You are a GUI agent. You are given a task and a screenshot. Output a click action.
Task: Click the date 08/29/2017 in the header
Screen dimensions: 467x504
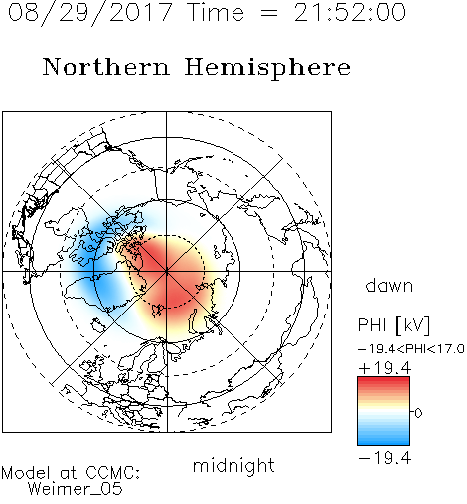tap(90, 13)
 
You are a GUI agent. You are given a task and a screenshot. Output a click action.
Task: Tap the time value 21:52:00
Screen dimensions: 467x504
tap(350, 12)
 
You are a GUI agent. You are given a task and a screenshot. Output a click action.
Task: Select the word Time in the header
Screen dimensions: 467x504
tap(216, 12)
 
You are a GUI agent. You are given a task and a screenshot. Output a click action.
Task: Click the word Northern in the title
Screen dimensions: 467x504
tap(106, 67)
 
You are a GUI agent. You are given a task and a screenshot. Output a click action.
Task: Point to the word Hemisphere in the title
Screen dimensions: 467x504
tap(267, 68)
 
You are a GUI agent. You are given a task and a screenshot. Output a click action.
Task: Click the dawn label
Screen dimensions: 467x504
tap(389, 285)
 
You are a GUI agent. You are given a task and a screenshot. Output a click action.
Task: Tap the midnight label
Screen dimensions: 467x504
tap(233, 465)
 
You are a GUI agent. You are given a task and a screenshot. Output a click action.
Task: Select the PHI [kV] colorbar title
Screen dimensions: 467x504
tap(394, 325)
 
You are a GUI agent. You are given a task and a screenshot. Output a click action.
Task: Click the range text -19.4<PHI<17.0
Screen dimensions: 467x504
tap(411, 349)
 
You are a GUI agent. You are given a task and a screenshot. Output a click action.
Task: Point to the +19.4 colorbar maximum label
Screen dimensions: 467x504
tap(385, 368)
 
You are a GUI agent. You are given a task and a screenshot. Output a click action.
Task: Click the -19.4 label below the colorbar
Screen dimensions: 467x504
tap(385, 458)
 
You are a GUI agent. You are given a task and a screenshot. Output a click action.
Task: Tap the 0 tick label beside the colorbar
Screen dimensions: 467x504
tap(418, 413)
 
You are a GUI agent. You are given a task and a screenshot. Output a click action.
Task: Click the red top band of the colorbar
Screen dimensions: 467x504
tap(384, 382)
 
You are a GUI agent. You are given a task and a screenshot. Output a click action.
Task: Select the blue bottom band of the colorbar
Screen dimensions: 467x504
tap(384, 441)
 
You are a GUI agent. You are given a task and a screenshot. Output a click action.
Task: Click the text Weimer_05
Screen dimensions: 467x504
tap(76, 489)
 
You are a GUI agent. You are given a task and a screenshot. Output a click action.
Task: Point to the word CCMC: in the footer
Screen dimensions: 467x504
tap(112, 473)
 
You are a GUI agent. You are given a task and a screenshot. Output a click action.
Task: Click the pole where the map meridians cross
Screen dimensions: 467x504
tap(167, 271)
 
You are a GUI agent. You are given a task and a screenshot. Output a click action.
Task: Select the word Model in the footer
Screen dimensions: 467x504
tap(26, 473)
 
